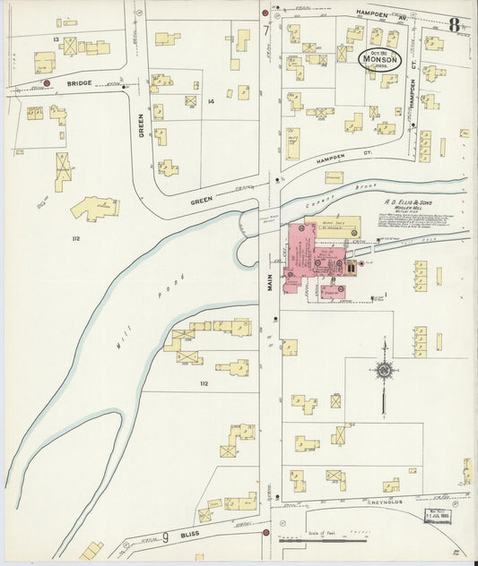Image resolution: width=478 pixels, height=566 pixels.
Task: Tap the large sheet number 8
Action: click(x=455, y=25)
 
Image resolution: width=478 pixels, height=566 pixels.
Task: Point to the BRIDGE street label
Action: click(x=78, y=83)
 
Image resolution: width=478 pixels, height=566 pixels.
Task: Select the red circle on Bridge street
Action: click(x=46, y=83)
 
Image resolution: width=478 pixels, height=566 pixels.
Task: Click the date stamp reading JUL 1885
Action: click(x=438, y=518)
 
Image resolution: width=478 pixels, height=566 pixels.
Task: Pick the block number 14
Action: click(x=212, y=102)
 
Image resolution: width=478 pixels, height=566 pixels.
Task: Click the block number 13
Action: click(x=56, y=39)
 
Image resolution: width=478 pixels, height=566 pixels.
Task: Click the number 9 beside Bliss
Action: click(x=166, y=538)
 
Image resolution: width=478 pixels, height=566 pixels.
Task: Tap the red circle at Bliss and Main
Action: click(x=265, y=532)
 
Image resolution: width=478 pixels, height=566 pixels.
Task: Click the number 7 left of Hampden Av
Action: click(x=266, y=31)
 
